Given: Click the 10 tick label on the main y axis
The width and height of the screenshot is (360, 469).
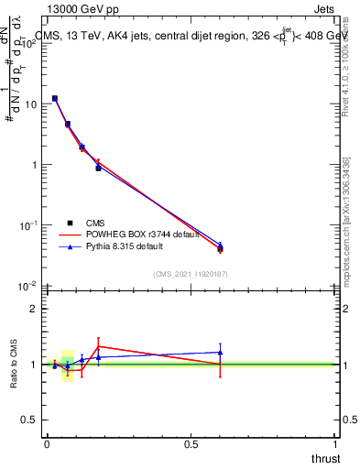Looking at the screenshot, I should tap(30, 104).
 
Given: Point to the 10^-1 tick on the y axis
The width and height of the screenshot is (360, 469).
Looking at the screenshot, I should tap(28, 225).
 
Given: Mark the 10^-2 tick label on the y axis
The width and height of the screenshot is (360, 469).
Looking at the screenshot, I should tap(28, 286).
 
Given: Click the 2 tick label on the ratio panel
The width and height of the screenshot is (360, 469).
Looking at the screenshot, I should tap(34, 309).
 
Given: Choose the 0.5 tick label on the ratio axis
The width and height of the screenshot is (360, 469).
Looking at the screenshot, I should tap(30, 420).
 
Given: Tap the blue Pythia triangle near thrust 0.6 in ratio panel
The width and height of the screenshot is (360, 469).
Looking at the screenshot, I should tap(220, 352).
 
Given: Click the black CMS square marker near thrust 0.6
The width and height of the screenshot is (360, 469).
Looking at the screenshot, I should tap(220, 249).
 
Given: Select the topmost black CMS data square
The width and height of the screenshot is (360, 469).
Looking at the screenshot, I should tap(55, 98).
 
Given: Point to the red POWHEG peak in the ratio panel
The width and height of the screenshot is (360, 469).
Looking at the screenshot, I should tap(98, 346).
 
